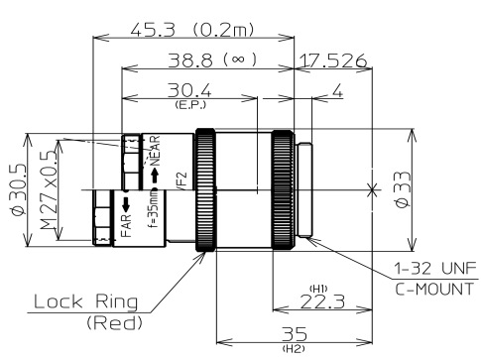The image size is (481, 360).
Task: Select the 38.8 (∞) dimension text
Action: [x=209, y=60]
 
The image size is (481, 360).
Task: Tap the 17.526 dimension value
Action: [x=333, y=60]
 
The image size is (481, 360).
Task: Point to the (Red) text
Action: [x=113, y=322]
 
